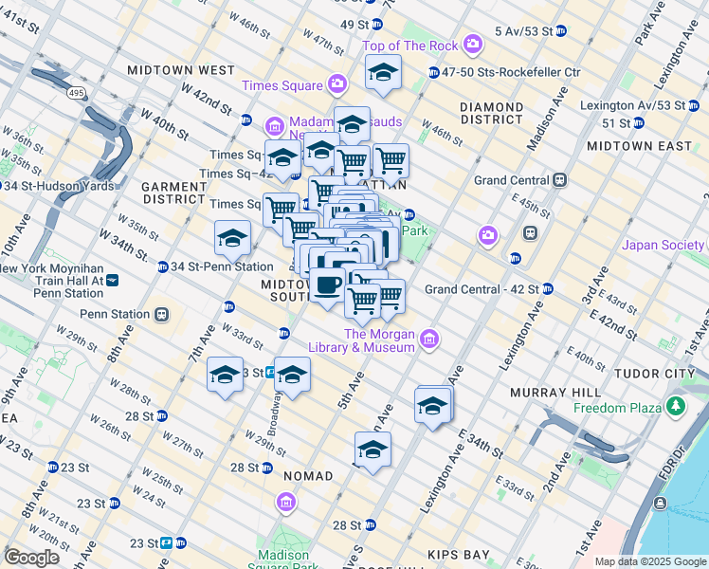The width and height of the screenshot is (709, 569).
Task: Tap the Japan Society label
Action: click(x=664, y=246)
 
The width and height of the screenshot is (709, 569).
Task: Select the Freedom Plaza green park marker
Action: click(x=675, y=407)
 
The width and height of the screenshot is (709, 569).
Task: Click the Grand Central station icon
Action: click(x=560, y=179)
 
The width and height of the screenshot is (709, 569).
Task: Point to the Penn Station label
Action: click(x=115, y=314)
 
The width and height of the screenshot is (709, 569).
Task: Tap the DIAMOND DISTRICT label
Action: click(x=492, y=114)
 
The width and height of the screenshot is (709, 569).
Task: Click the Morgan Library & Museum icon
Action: click(x=428, y=338)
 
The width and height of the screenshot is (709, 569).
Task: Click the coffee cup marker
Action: click(x=328, y=284)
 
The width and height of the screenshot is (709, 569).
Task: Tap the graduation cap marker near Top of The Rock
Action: click(x=382, y=72)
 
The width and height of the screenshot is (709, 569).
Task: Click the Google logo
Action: click(x=31, y=557)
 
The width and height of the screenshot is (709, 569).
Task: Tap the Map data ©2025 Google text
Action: click(x=649, y=561)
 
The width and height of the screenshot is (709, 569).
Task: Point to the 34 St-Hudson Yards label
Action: click(x=64, y=185)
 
